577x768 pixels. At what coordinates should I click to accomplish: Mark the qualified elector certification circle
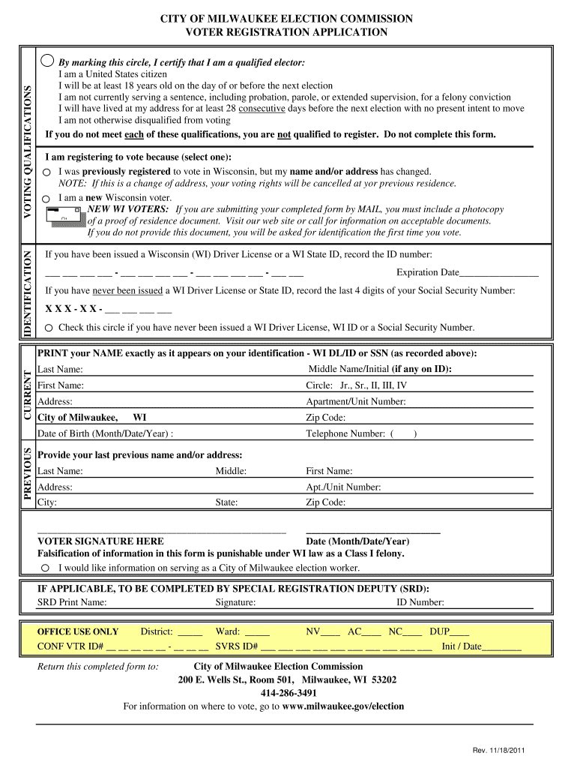click(x=48, y=61)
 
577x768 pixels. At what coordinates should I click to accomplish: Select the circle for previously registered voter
click(x=46, y=172)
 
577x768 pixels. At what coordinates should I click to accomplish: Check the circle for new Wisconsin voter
click(x=46, y=199)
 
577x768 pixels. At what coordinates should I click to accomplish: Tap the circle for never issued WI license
click(x=49, y=328)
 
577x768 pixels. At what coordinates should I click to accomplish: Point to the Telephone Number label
click(x=345, y=433)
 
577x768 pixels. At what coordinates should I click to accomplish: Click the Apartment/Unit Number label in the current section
click(x=355, y=402)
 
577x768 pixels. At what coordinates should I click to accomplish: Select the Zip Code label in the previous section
click(x=325, y=502)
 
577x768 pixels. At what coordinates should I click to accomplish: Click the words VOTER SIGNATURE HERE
click(x=100, y=541)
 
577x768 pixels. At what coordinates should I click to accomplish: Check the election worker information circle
click(x=46, y=568)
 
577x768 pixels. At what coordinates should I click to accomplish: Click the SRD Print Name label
click(x=72, y=602)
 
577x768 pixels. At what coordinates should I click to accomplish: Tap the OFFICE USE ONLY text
click(x=78, y=632)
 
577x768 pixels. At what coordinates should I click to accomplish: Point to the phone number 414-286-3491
click(x=288, y=693)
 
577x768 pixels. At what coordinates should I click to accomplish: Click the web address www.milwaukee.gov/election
click(x=342, y=706)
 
